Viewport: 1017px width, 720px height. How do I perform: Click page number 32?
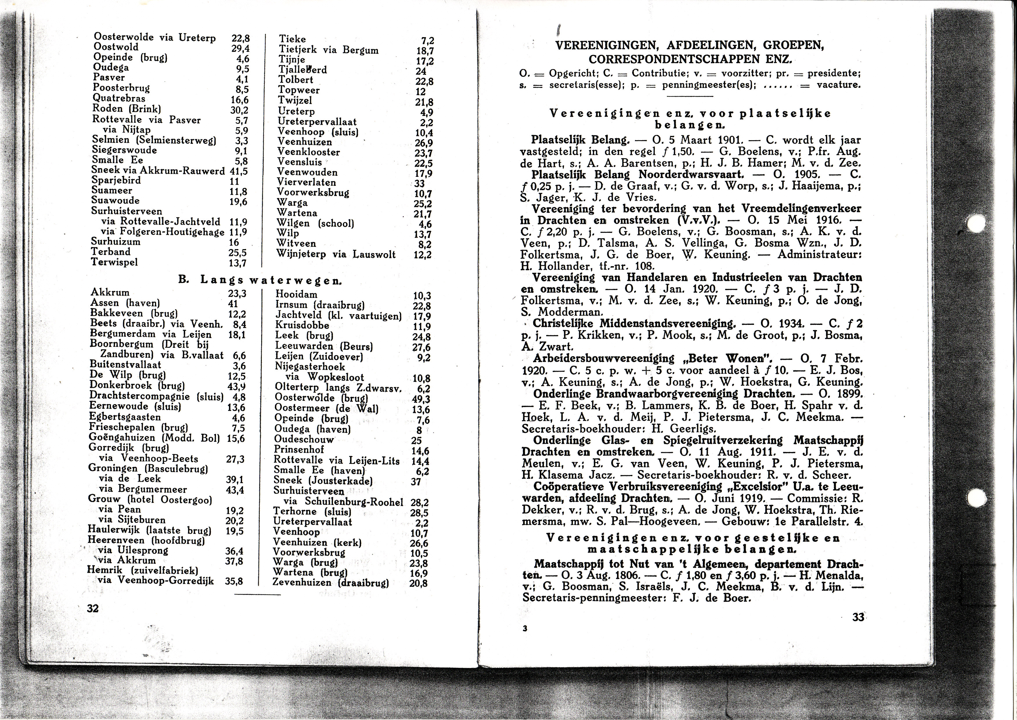tap(93, 608)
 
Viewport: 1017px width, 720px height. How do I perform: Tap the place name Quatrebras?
tap(119, 98)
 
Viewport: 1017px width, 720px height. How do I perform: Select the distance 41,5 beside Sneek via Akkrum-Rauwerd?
tap(239, 171)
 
